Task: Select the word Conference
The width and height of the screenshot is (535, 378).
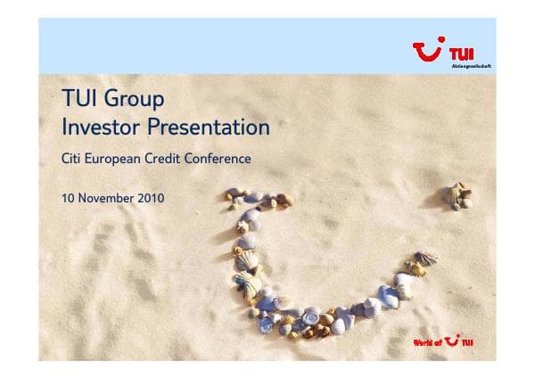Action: tap(223, 160)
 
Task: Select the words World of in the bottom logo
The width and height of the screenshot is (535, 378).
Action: tap(428, 343)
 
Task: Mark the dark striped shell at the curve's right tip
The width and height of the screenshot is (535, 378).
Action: tap(427, 258)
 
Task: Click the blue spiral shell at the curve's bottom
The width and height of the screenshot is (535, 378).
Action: tap(312, 315)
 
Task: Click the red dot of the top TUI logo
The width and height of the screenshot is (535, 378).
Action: tap(444, 42)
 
